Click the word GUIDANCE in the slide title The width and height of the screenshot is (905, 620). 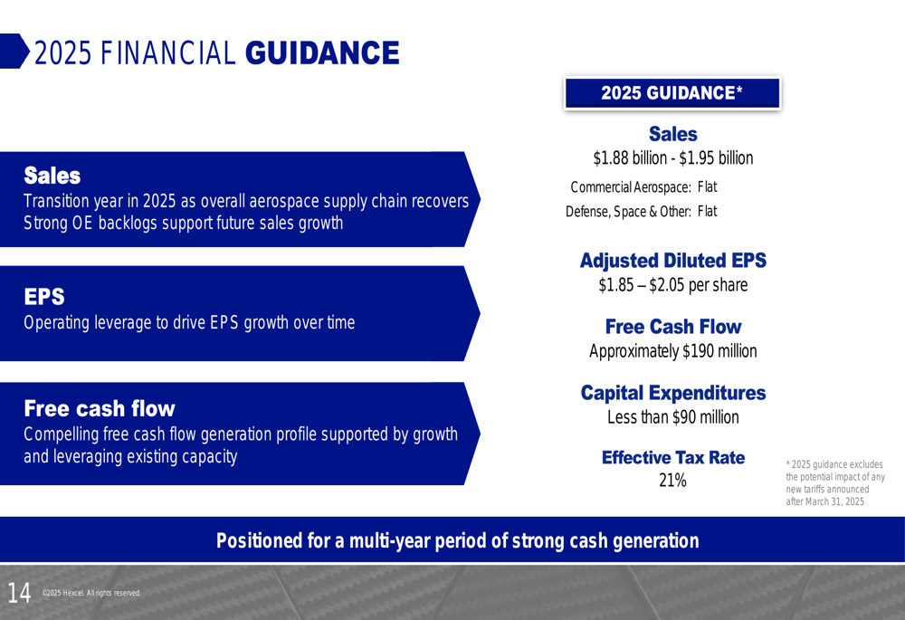(322, 53)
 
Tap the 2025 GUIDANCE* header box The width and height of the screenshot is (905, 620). (672, 93)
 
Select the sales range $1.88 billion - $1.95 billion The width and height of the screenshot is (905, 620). (673, 158)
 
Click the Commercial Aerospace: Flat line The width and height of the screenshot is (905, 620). (643, 187)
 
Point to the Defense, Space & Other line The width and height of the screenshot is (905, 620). (642, 211)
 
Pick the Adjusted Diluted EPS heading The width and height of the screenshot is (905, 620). (673, 261)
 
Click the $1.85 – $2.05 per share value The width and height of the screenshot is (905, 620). (673, 284)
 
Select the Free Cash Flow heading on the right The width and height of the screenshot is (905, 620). (673, 327)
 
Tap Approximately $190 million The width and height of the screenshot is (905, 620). (673, 351)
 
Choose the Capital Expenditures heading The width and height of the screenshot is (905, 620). (673, 393)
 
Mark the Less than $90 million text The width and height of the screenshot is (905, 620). (673, 416)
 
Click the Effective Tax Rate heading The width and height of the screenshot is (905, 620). (673, 458)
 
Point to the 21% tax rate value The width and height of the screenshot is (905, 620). (673, 481)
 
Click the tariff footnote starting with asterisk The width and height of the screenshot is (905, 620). (835, 483)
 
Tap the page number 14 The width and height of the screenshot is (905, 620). (19, 593)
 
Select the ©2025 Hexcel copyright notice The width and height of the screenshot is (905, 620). (91, 593)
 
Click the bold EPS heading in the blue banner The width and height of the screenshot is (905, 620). (44, 297)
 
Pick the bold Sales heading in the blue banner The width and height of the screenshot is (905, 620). (52, 176)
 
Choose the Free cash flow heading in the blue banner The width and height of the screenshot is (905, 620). (100, 409)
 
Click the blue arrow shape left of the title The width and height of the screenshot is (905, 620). (14, 51)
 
